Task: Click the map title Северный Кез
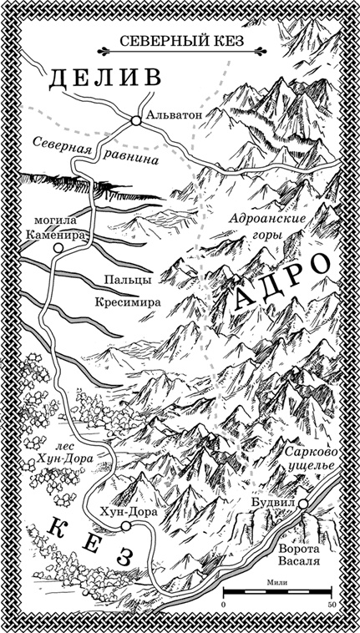[180, 41]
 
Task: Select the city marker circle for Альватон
[134, 121]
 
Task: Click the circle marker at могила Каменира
[56, 249]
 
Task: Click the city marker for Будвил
[303, 504]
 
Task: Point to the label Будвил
[273, 504]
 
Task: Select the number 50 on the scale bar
[332, 604]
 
